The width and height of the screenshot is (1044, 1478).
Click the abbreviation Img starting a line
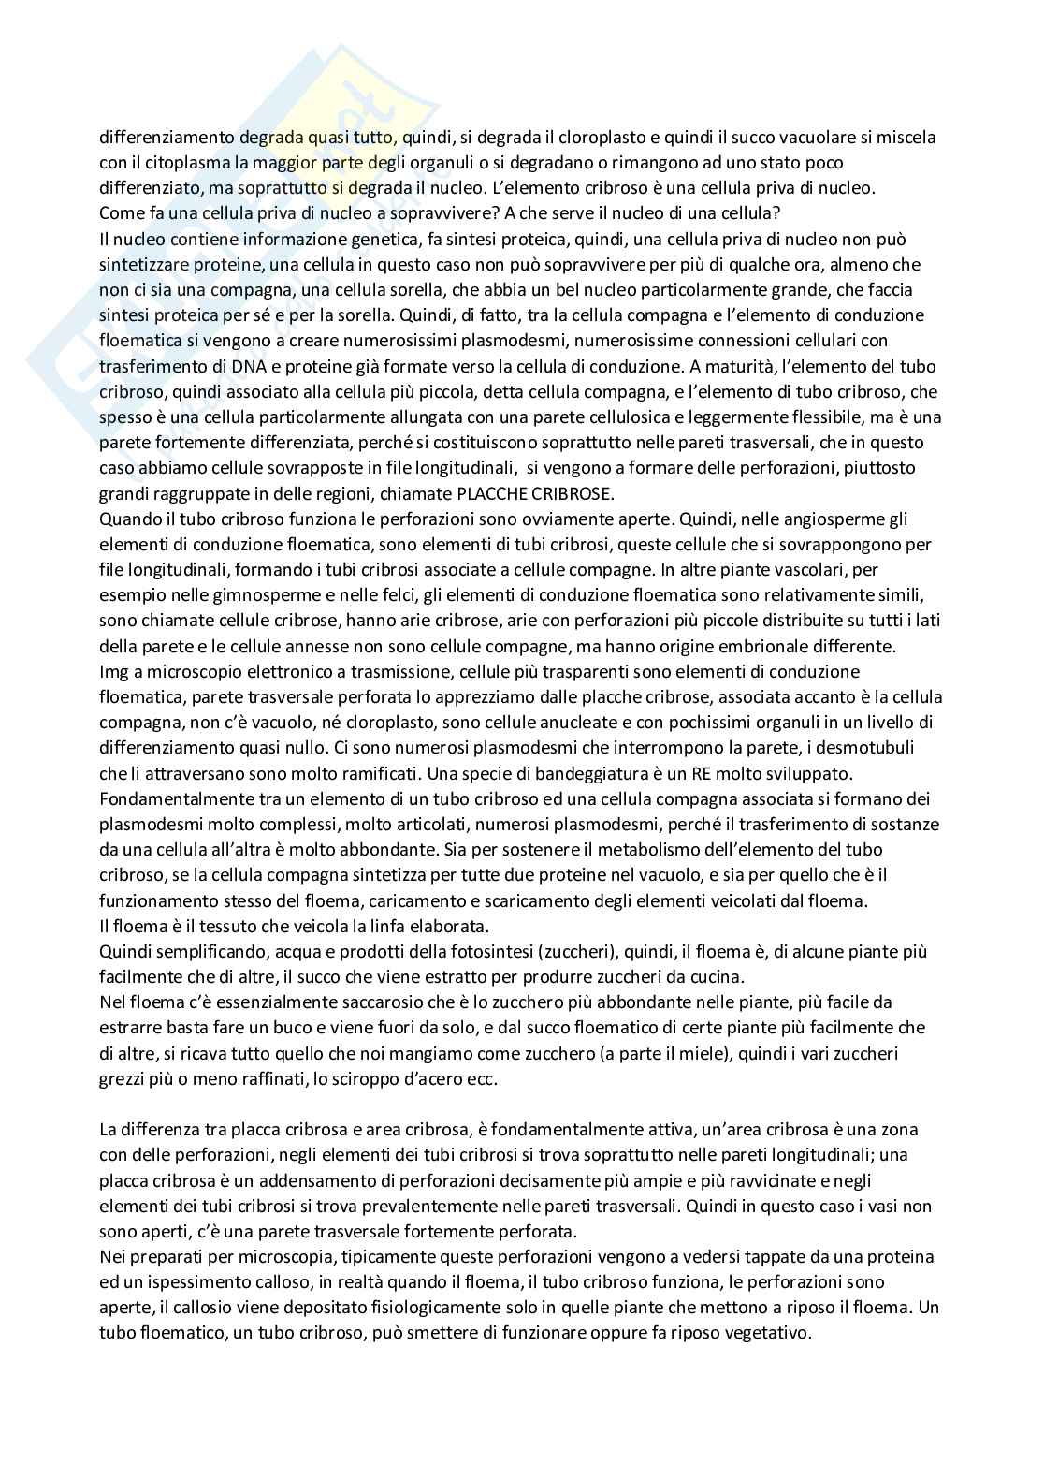click(114, 671)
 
